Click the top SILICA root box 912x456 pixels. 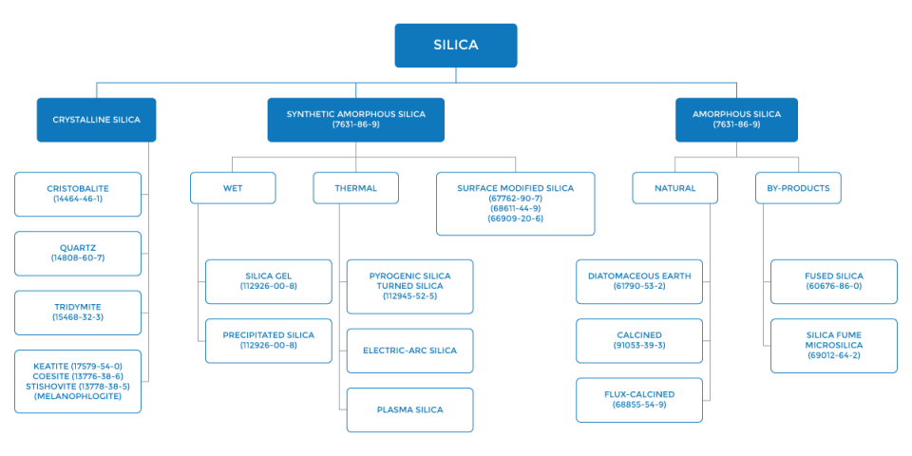(x=456, y=46)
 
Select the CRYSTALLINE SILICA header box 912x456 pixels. (x=96, y=120)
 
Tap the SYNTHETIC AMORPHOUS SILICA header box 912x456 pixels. (x=355, y=120)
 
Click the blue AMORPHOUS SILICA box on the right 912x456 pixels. (x=736, y=120)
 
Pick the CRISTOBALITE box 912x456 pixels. (x=78, y=194)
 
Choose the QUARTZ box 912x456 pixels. (x=78, y=253)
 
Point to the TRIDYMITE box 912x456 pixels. (x=78, y=313)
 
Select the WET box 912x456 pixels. (x=233, y=188)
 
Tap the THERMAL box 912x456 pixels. (x=355, y=188)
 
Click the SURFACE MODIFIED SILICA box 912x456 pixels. (x=515, y=203)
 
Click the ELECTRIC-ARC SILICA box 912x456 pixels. (x=409, y=351)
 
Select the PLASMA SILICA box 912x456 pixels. (x=409, y=409)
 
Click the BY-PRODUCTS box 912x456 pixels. (x=798, y=188)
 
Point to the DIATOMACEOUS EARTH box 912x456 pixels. (x=639, y=281)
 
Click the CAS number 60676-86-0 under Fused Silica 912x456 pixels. (x=833, y=286)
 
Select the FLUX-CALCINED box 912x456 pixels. (x=639, y=399)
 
